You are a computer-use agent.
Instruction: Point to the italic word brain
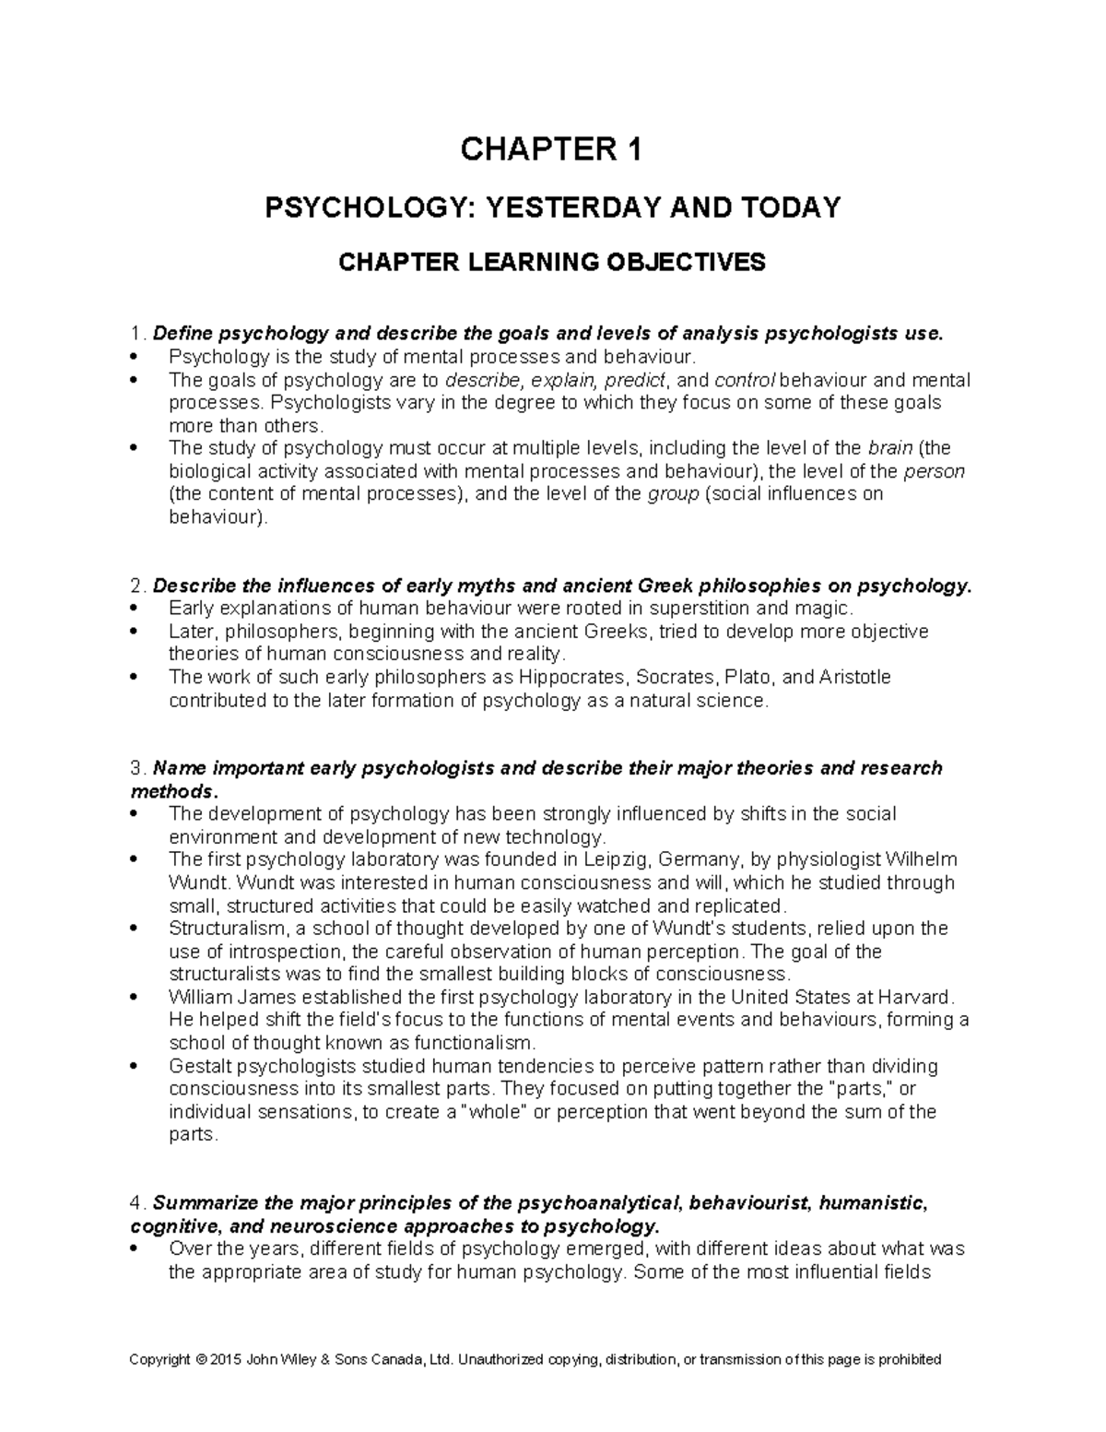(x=890, y=449)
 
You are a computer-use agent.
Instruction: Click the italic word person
(x=935, y=472)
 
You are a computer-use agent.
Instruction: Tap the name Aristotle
(x=855, y=678)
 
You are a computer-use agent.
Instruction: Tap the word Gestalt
(x=200, y=1067)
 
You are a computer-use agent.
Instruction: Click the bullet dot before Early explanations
(x=135, y=609)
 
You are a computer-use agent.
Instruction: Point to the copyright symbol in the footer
(x=201, y=1360)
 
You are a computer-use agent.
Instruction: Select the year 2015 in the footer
(x=221, y=1360)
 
